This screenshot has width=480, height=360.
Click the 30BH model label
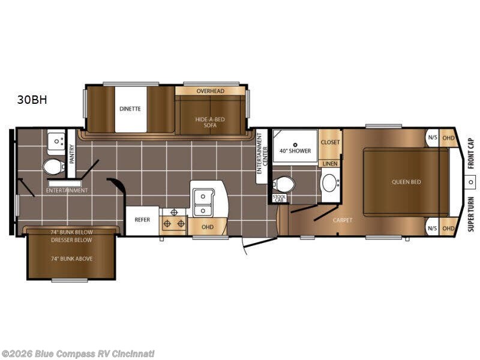point(32,100)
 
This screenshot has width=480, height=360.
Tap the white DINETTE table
point(131,109)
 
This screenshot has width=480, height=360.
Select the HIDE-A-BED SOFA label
point(210,122)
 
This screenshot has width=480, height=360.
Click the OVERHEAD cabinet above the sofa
point(210,91)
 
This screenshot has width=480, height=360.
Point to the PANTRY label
point(71,154)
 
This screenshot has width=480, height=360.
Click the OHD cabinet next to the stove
point(207,227)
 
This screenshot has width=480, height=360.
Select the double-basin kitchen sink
point(203,202)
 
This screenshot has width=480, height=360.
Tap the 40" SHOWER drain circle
point(295,145)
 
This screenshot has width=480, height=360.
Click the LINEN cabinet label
point(330,164)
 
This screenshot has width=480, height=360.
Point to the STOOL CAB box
point(280,199)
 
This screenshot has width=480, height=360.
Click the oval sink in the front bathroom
point(329,183)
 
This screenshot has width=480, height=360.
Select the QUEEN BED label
point(406,182)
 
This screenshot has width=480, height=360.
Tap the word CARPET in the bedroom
point(343,220)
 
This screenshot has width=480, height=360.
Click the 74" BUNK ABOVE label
point(71,259)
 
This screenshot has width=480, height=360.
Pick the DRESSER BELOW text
point(71,240)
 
